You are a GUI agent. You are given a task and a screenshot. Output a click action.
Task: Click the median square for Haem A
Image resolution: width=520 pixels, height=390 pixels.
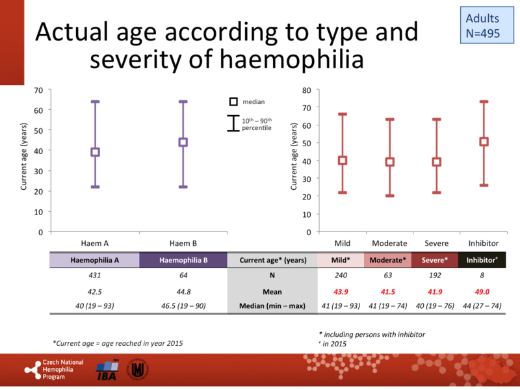coord(95,152)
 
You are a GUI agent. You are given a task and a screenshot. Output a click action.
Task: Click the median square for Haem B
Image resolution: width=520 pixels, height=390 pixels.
coord(183,142)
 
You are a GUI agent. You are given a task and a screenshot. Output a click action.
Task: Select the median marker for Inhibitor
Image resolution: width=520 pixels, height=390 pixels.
coord(484,142)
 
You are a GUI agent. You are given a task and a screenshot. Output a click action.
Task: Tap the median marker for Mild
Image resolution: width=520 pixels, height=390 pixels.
coord(342,160)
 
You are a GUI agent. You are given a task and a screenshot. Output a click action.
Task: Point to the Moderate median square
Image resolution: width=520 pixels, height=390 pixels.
coord(390,162)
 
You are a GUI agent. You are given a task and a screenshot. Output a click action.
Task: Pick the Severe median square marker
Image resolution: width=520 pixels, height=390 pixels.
coord(437,162)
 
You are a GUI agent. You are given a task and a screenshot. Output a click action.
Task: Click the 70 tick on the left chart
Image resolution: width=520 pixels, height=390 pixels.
coord(38,90)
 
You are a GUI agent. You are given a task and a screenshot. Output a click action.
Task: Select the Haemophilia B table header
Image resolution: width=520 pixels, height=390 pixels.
coord(183,260)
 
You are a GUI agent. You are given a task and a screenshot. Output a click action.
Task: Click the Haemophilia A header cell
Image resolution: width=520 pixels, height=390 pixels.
coord(95,260)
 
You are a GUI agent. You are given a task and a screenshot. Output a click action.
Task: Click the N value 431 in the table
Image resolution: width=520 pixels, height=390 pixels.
coord(95,276)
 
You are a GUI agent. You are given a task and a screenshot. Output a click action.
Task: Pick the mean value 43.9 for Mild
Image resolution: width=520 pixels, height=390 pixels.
coord(342,292)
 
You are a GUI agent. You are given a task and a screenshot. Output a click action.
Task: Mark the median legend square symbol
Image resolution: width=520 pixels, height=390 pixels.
coord(233,102)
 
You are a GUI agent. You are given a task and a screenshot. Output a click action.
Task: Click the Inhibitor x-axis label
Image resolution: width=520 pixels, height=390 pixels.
coord(484,243)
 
